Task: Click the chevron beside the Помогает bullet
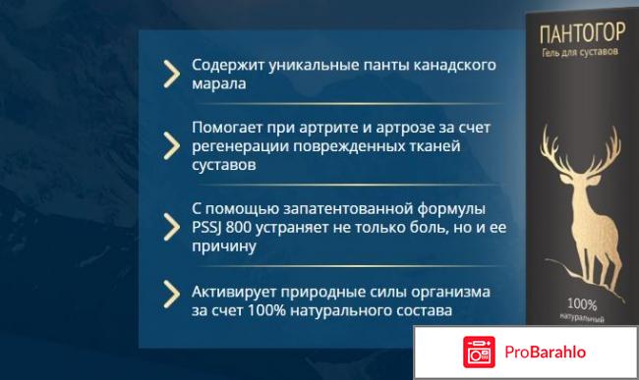click(x=171, y=145)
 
